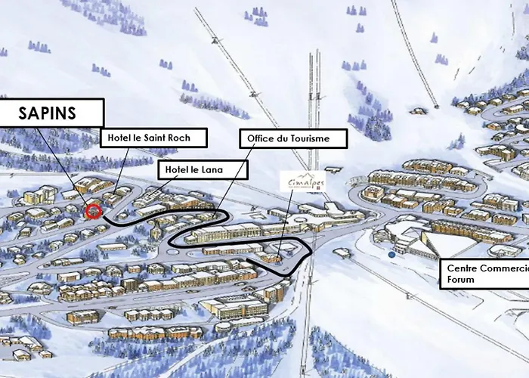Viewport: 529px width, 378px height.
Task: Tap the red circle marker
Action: coord(93,211)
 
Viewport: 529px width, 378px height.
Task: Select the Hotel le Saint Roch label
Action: coord(154,138)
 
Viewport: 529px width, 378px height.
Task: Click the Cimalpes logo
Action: coord(302,181)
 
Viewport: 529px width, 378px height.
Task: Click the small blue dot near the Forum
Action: coord(391,255)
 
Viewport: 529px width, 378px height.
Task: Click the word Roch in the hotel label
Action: coord(189,138)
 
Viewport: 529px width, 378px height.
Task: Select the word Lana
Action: coord(212,170)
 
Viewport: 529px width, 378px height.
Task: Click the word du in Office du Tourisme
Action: coord(283,138)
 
